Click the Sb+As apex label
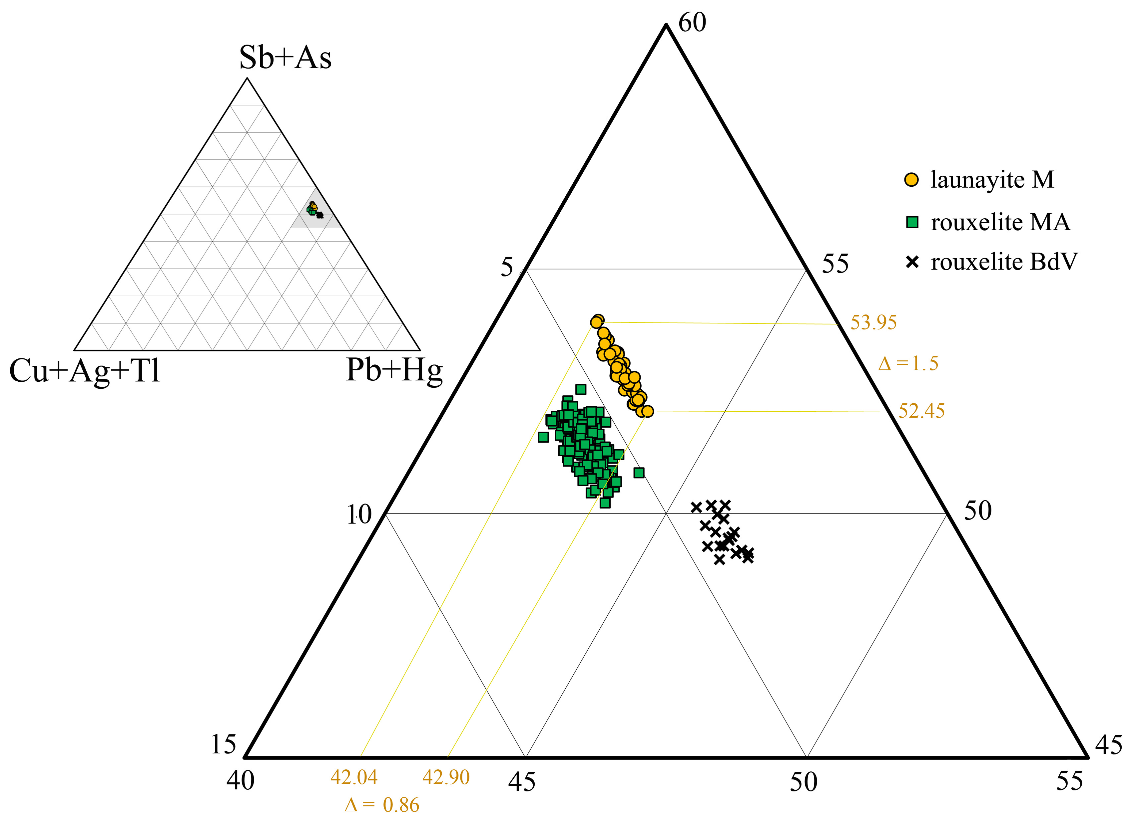click(x=285, y=57)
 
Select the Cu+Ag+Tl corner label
click(x=85, y=371)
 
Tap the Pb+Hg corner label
click(x=394, y=371)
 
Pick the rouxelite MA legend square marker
click(x=912, y=222)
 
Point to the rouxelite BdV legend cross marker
click(x=912, y=262)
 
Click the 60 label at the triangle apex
click(x=692, y=23)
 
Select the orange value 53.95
click(x=873, y=323)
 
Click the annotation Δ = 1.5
click(x=908, y=363)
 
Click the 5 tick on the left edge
click(x=507, y=268)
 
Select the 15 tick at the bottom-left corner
click(x=223, y=745)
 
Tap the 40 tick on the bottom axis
click(x=240, y=781)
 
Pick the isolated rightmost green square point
click(x=638, y=473)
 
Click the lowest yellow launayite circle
click(x=647, y=411)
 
